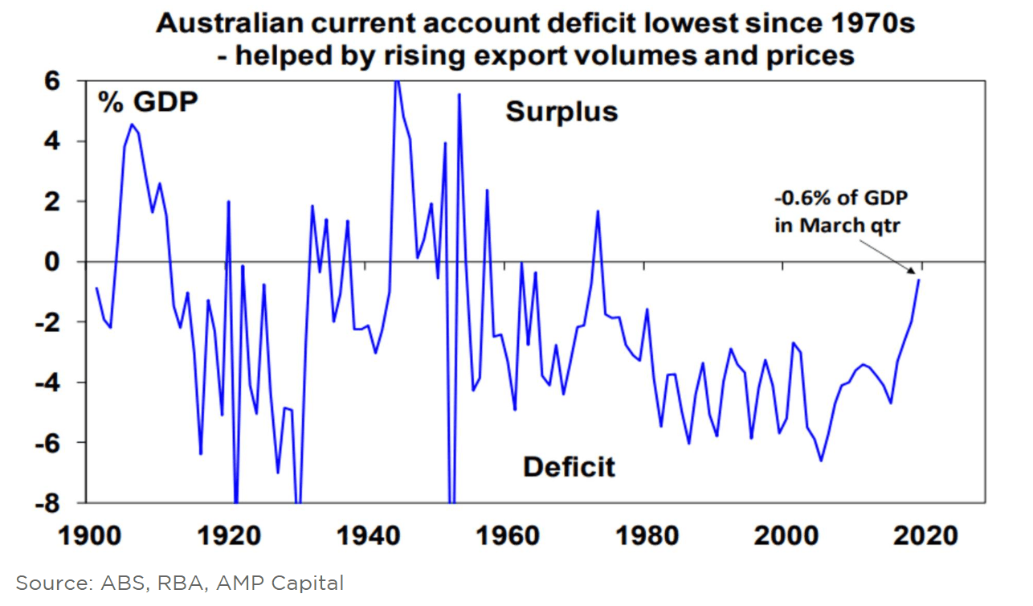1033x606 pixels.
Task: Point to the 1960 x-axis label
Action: coord(502,534)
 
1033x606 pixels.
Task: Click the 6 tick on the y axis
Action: coord(59,81)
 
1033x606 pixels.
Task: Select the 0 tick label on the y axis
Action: coord(59,262)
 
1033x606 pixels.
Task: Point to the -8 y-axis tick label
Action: coord(55,503)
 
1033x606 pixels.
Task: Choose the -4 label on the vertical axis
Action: coord(55,383)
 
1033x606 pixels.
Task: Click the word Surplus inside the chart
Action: coord(561,112)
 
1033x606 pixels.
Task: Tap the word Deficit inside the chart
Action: coord(569,466)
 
